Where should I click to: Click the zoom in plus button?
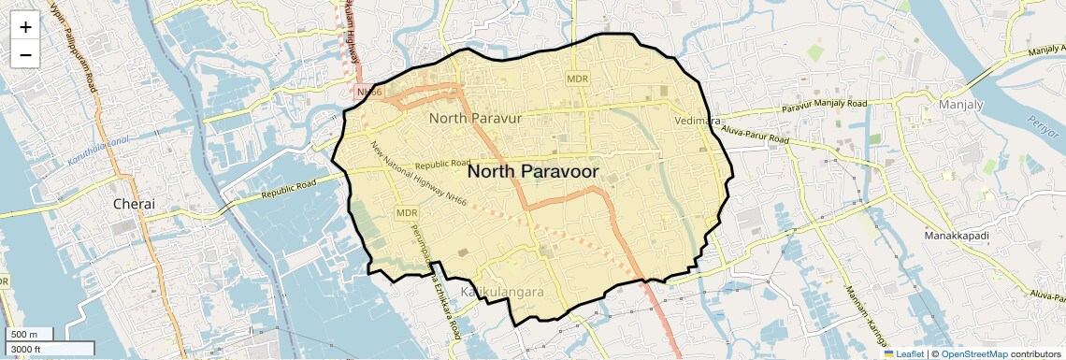[x=25, y=27]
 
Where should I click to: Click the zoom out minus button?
[x=25, y=54]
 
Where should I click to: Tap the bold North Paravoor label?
[x=533, y=171]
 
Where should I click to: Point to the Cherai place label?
[x=133, y=203]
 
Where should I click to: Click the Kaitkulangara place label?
[x=502, y=293]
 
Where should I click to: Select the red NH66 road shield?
[x=368, y=92]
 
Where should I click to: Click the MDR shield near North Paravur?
[x=577, y=79]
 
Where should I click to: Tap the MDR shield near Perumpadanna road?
[x=407, y=213]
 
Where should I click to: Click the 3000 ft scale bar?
[x=28, y=350]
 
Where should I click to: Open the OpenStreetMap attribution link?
[x=974, y=353]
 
